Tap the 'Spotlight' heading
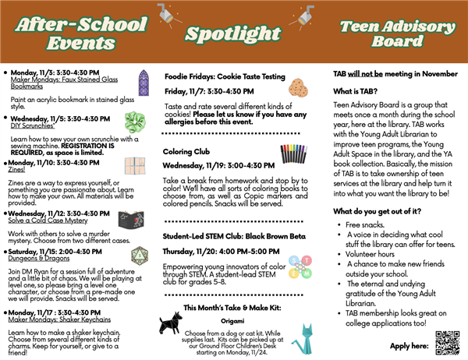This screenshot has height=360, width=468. (x=233, y=33)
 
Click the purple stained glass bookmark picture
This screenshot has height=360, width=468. (x=143, y=81)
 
